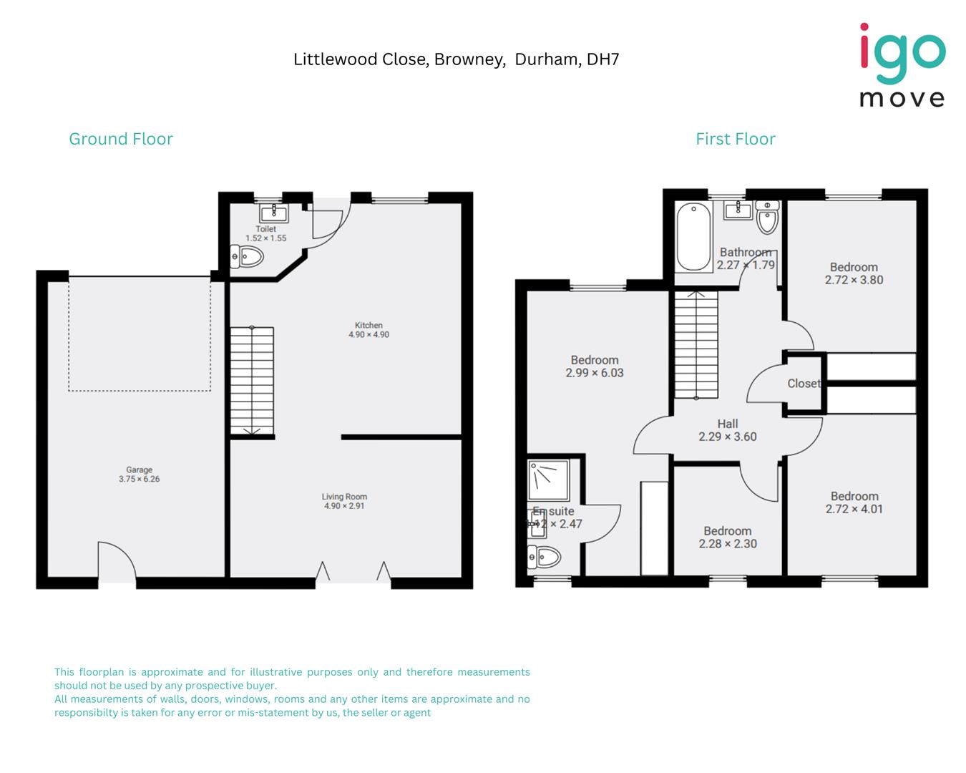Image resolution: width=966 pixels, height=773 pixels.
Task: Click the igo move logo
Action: tap(902, 65)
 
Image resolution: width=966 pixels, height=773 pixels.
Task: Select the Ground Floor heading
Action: tap(121, 139)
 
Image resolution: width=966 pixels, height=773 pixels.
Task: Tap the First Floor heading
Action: tap(735, 139)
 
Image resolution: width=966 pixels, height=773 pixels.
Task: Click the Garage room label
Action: tap(139, 470)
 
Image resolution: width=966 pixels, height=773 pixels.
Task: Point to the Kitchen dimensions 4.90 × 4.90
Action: tap(369, 335)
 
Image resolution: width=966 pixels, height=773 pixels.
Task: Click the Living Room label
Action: tap(344, 497)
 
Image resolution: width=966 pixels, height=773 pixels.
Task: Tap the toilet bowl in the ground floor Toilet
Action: tap(248, 256)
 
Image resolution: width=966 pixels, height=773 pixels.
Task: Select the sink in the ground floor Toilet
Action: tap(273, 213)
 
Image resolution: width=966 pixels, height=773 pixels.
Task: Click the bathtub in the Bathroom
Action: tap(693, 236)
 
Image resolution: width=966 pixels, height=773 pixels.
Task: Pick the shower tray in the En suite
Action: tap(548, 480)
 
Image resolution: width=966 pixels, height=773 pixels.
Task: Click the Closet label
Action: tap(803, 384)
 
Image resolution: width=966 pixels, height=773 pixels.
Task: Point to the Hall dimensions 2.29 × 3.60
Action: tap(727, 437)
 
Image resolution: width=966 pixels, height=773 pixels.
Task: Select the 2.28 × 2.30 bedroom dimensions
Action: tap(727, 544)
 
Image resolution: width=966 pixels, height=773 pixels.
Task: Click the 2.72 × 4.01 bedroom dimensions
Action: tap(854, 510)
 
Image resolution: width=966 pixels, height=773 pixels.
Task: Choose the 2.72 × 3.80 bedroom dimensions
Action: tap(854, 281)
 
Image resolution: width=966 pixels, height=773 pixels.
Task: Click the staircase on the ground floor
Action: tap(251, 381)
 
